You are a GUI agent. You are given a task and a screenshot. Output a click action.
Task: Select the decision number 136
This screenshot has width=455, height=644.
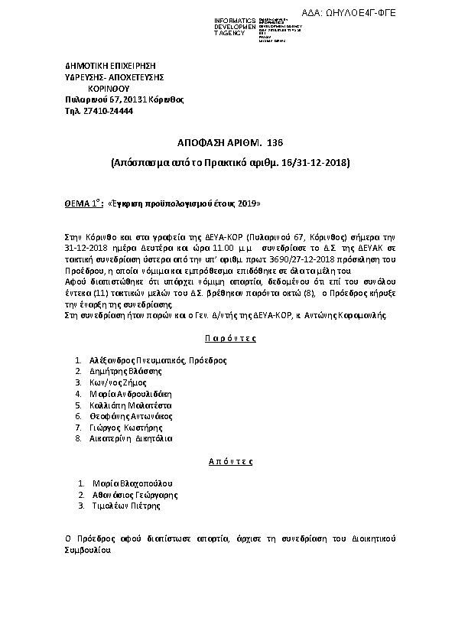click(275, 143)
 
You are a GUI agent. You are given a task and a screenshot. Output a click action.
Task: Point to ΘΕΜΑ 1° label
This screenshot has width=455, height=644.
click(83, 204)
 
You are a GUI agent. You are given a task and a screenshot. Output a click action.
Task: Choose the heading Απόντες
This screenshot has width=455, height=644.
click(229, 462)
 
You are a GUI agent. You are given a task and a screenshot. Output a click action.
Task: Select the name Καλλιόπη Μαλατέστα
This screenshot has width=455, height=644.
click(130, 405)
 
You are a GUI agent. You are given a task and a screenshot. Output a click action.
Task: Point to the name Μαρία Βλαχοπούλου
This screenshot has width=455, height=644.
click(132, 483)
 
